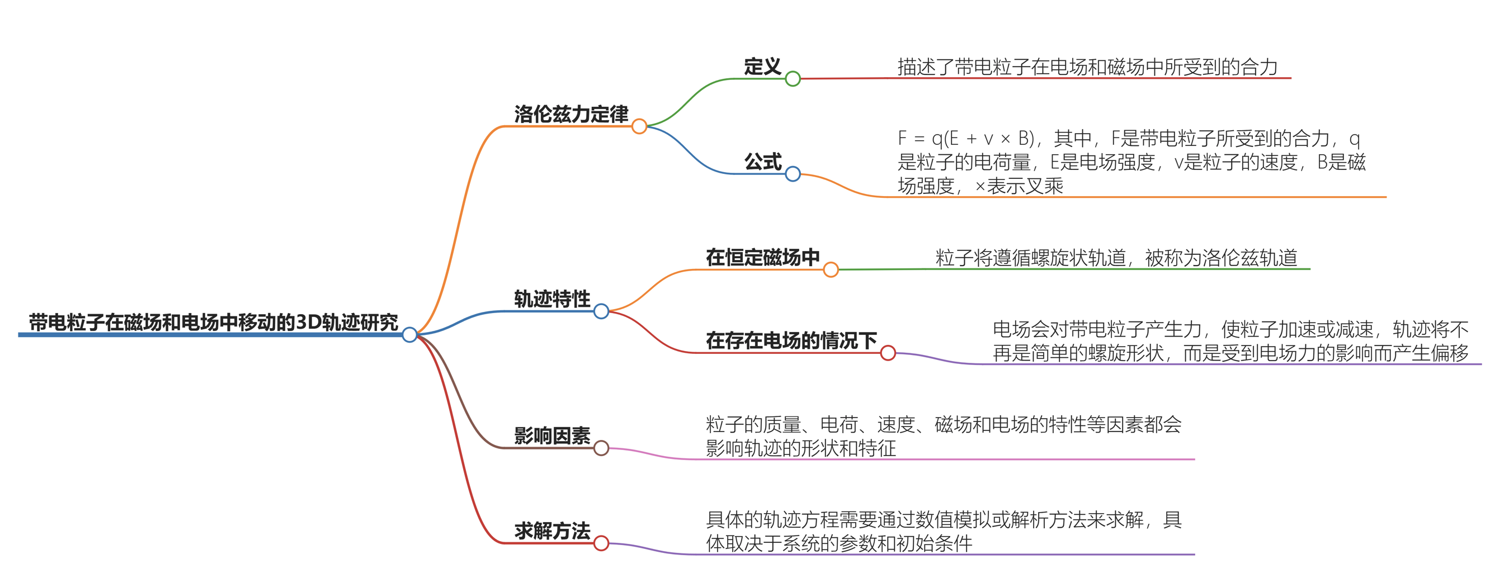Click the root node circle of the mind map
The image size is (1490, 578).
click(x=409, y=334)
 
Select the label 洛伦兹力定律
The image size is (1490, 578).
click(x=571, y=114)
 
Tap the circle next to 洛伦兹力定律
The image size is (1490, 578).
click(x=639, y=126)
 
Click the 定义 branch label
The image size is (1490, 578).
click(x=762, y=67)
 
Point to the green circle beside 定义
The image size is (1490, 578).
click(x=793, y=79)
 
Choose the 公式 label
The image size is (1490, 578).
click(x=762, y=162)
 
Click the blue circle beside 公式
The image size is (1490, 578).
click(x=793, y=173)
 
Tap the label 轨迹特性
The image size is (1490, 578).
click(x=552, y=299)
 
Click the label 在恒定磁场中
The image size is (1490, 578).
click(x=762, y=257)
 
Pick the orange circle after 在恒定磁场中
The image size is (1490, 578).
click(x=831, y=269)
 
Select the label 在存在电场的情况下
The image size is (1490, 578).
click(x=791, y=340)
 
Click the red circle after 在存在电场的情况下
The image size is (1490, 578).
click(x=888, y=353)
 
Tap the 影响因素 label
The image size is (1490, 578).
click(x=552, y=436)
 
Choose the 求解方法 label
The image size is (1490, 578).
click(x=552, y=530)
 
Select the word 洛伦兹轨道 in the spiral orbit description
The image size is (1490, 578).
click(x=1250, y=258)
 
